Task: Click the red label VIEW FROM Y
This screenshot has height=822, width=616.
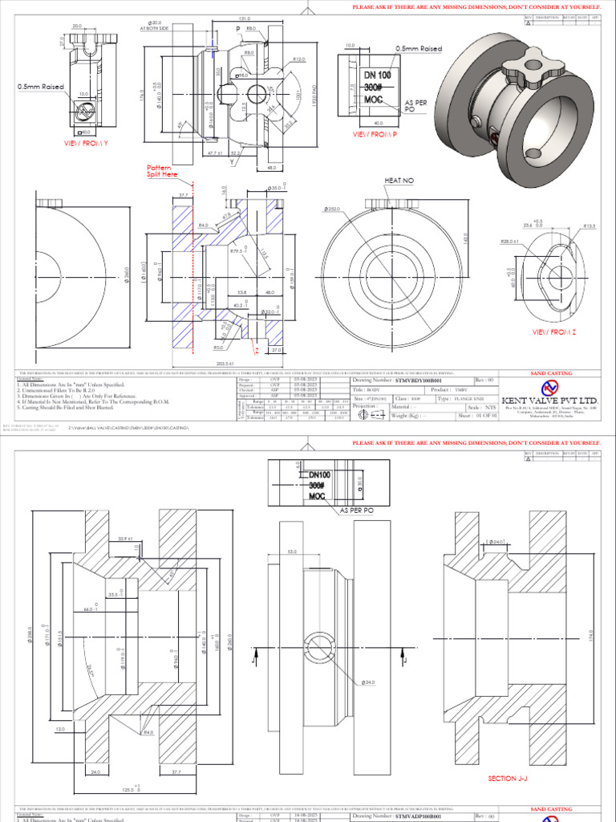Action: pos(86,143)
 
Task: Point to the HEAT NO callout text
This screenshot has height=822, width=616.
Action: pos(399,181)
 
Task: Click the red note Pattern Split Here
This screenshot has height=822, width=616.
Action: pos(164,171)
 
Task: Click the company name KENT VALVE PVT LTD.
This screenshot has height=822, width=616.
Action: pos(550,400)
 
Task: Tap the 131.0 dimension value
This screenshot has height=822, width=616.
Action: pos(245,18)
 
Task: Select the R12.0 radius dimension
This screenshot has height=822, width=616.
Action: pos(300,59)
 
